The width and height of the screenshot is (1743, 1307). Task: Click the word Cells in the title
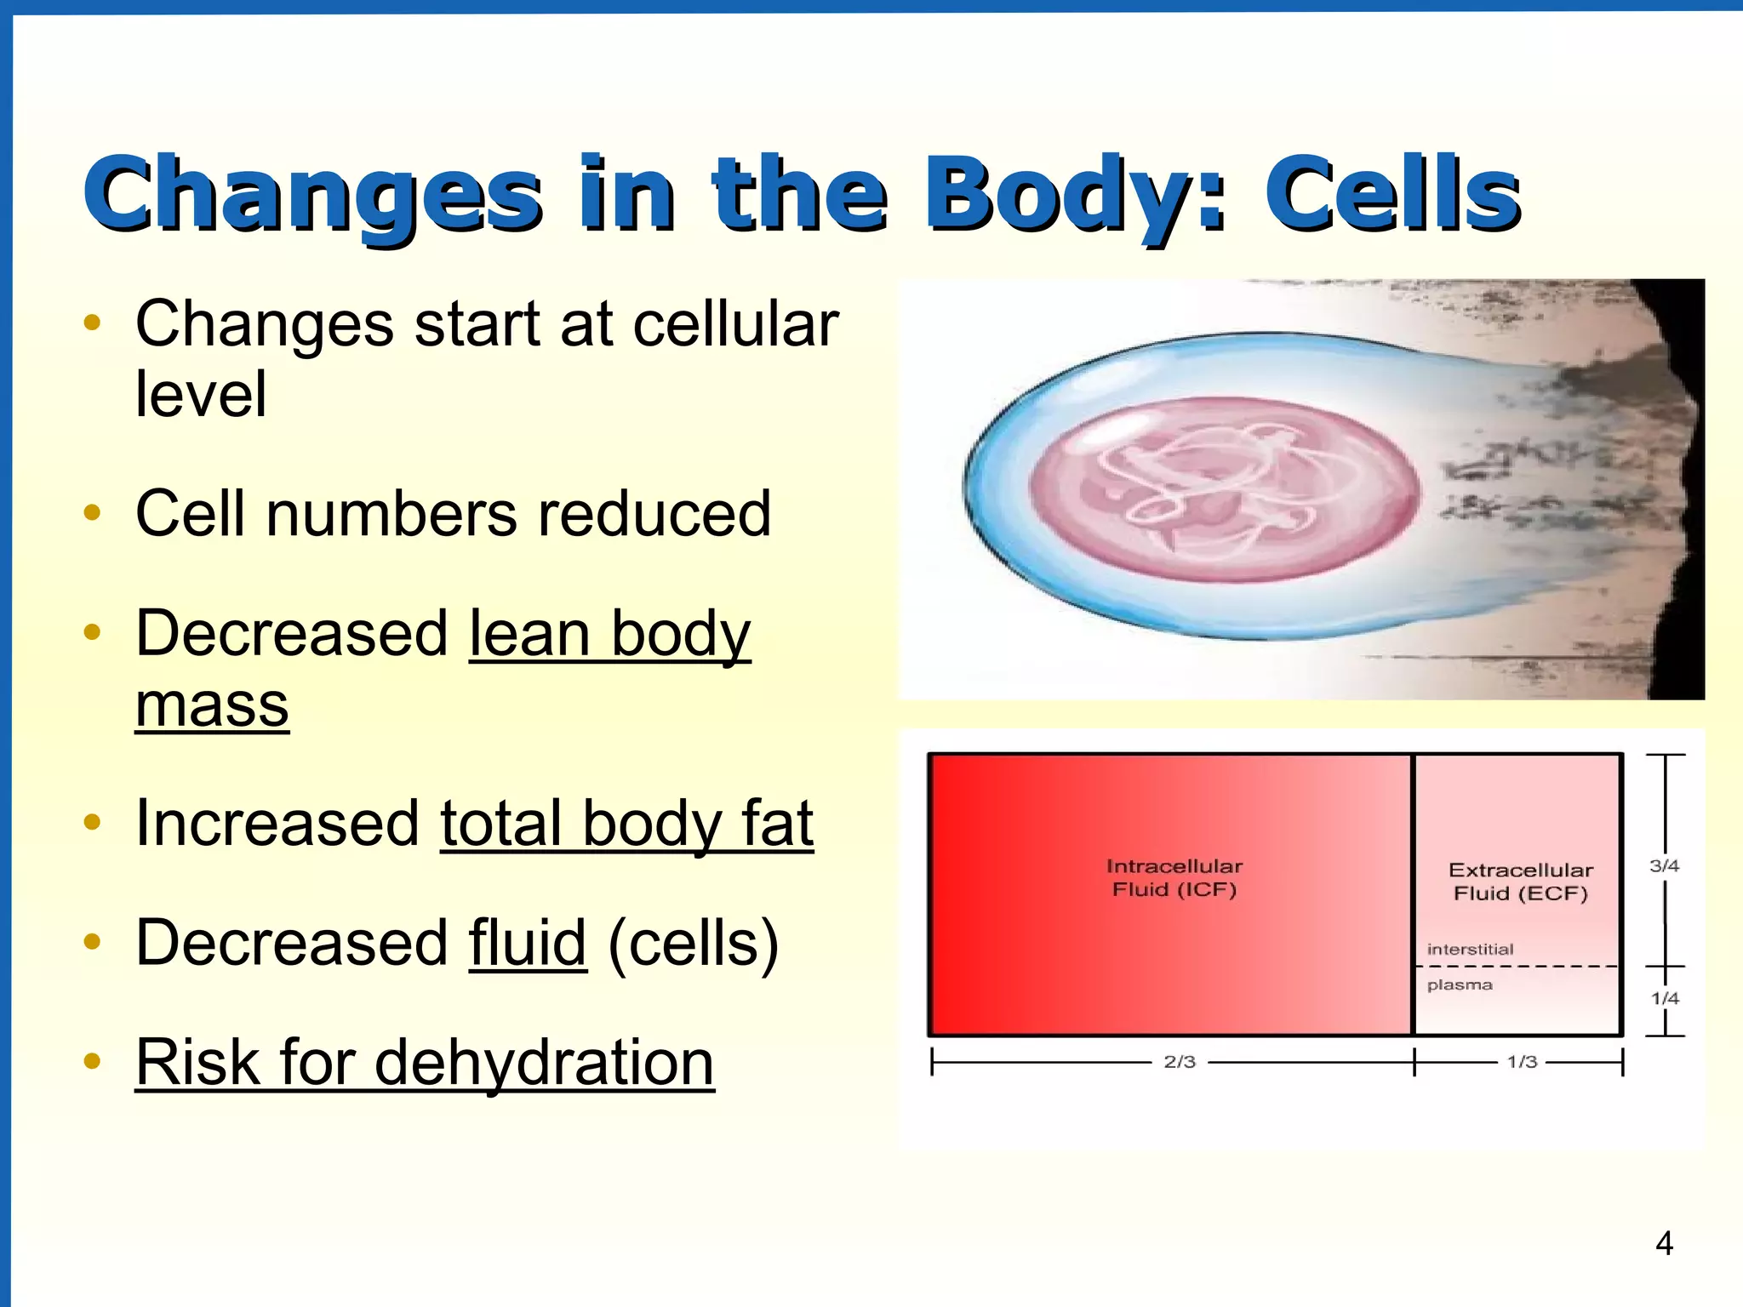click(x=1392, y=194)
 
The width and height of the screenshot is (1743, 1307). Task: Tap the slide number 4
click(x=1664, y=1243)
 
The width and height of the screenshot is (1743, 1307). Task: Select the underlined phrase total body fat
click(x=626, y=824)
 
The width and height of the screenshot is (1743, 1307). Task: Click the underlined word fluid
click(x=528, y=943)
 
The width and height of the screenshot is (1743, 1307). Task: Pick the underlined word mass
click(x=212, y=705)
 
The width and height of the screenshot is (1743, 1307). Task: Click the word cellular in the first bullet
click(x=735, y=324)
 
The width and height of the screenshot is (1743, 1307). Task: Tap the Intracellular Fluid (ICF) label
click(x=1174, y=877)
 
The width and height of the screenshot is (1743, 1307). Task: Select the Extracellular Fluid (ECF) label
click(x=1520, y=881)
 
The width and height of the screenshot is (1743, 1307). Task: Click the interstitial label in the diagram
click(x=1470, y=949)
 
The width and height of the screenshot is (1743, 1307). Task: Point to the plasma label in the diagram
click(x=1460, y=985)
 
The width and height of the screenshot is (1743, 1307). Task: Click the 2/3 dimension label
click(x=1180, y=1061)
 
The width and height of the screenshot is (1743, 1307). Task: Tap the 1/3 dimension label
click(x=1522, y=1061)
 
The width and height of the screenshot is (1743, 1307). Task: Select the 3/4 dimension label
click(x=1664, y=865)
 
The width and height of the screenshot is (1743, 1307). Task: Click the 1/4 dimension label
click(x=1665, y=998)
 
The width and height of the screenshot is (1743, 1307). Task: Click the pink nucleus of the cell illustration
click(x=1224, y=490)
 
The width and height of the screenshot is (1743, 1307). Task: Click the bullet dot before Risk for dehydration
click(x=93, y=1061)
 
